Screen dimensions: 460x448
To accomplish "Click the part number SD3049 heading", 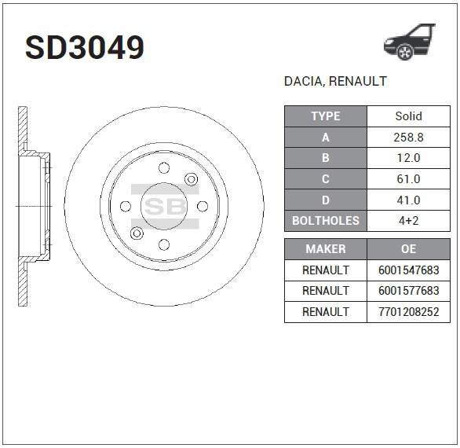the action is click(x=85, y=48).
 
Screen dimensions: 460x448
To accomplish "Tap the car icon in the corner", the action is click(x=410, y=42).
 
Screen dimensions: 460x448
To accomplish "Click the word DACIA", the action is click(x=303, y=82).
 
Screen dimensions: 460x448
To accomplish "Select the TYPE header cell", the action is click(x=326, y=116).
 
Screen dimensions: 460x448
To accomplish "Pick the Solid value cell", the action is click(x=409, y=116).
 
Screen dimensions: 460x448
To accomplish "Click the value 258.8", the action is click(x=409, y=138).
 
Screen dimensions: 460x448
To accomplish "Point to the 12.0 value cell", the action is click(x=409, y=158).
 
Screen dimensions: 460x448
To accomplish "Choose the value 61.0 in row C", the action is click(x=409, y=179).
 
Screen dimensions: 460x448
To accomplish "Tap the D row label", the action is click(x=326, y=200).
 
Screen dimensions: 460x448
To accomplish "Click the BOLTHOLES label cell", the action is click(x=326, y=221).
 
